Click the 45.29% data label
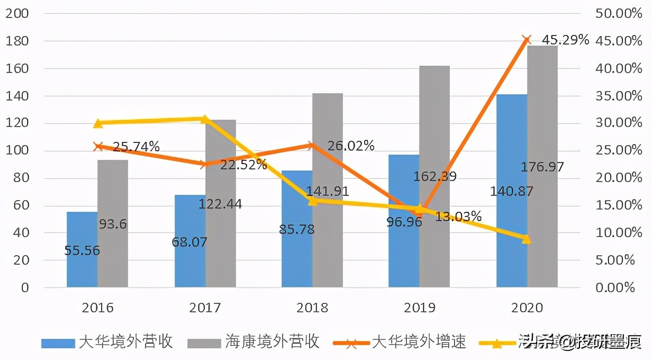pyautogui.click(x=565, y=40)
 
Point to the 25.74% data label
pyautogui.click(x=137, y=147)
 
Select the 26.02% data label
pyautogui.click(x=350, y=146)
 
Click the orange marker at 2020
pyautogui.click(x=526, y=40)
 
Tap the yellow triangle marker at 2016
pyautogui.click(x=98, y=123)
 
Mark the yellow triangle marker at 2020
pyautogui.click(x=526, y=239)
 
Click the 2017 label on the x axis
pyautogui.click(x=205, y=308)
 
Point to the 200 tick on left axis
pyautogui.click(x=16, y=14)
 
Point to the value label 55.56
pyautogui.click(x=82, y=250)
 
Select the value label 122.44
pyautogui.click(x=220, y=204)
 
